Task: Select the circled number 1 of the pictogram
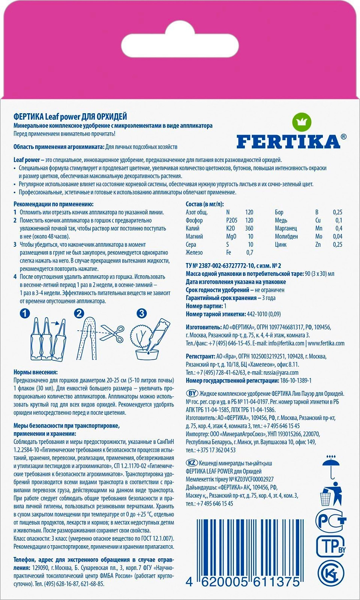point(25,314)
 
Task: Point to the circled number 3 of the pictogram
point(142,314)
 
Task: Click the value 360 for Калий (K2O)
point(249,228)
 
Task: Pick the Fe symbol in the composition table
point(229,252)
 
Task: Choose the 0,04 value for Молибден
point(337,236)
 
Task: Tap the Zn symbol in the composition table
point(318,244)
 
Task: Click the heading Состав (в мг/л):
point(205,204)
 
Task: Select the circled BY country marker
point(192,394)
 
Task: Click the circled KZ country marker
point(192,463)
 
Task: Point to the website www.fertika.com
point(326,343)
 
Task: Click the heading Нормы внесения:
point(36,372)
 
